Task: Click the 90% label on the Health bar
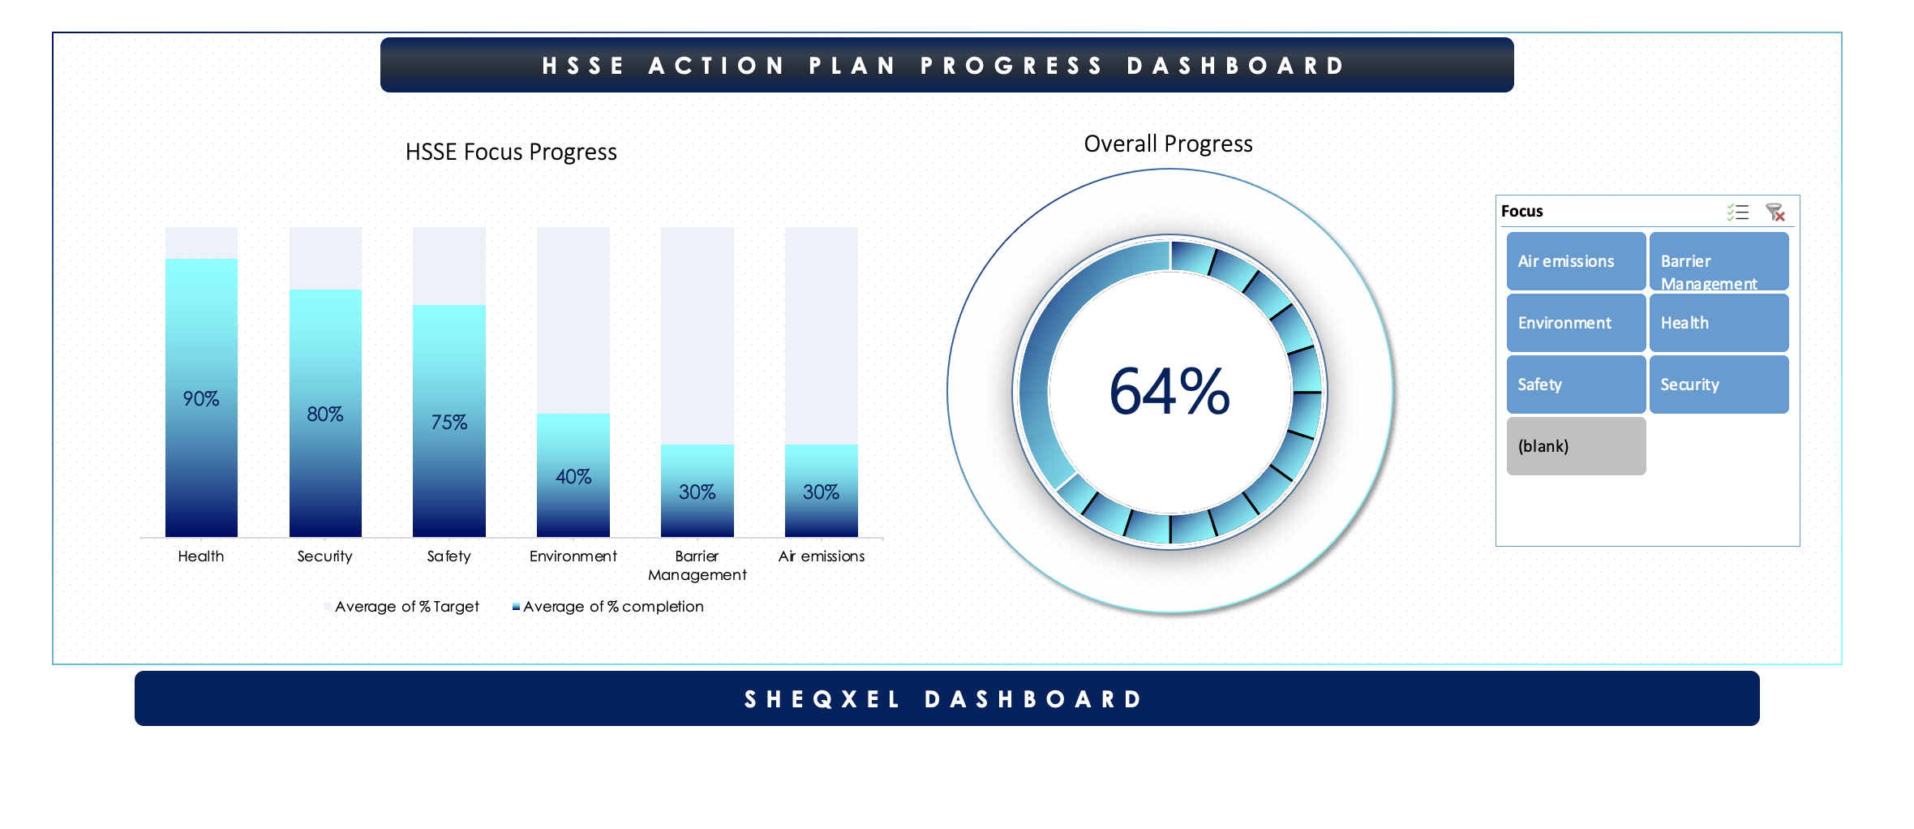point(201,399)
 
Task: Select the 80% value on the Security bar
point(325,414)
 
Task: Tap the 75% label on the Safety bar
point(449,423)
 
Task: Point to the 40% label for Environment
point(573,477)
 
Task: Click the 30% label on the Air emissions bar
point(822,492)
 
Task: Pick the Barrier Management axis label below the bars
point(697,565)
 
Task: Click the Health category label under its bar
point(201,556)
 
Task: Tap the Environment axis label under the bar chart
point(573,556)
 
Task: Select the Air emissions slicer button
point(1576,261)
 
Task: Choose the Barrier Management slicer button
point(1719,261)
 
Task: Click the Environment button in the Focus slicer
point(1576,323)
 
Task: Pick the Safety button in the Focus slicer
point(1576,384)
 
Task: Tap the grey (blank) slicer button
point(1576,446)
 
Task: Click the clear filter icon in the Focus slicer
point(1775,213)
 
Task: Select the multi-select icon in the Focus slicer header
point(1737,213)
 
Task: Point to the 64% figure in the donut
point(1169,392)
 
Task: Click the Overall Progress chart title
point(1169,144)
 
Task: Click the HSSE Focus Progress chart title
point(511,152)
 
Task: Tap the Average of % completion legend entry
point(608,607)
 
